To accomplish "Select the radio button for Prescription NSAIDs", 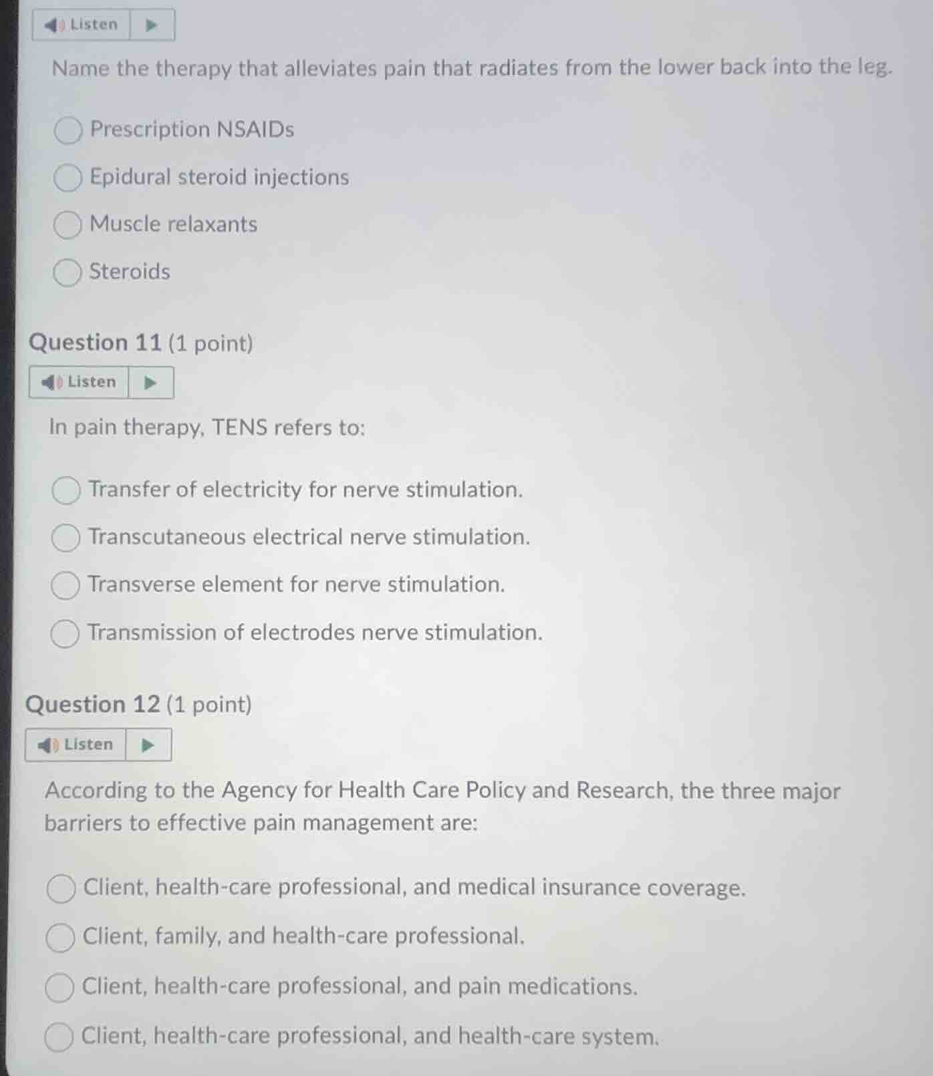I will tap(68, 130).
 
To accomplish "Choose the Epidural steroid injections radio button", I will tap(68, 178).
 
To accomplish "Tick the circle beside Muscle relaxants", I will tap(67, 225).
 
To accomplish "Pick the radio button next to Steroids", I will tap(67, 273).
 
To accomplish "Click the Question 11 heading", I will tap(95, 343).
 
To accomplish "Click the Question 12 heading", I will tap(93, 705).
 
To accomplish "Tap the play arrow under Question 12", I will tap(148, 745).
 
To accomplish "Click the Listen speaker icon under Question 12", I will tap(47, 745).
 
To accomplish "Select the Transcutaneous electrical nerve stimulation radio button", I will tap(65, 538).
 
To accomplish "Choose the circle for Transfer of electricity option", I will tap(66, 490).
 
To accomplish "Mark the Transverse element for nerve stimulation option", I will tap(65, 586).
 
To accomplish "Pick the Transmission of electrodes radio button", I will tap(65, 634).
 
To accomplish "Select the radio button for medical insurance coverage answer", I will tap(61, 889).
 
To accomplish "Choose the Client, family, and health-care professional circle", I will tap(60, 938).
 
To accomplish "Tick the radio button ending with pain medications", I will tap(59, 988).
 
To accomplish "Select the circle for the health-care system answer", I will tap(59, 1037).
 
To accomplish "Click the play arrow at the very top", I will tap(152, 25).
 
